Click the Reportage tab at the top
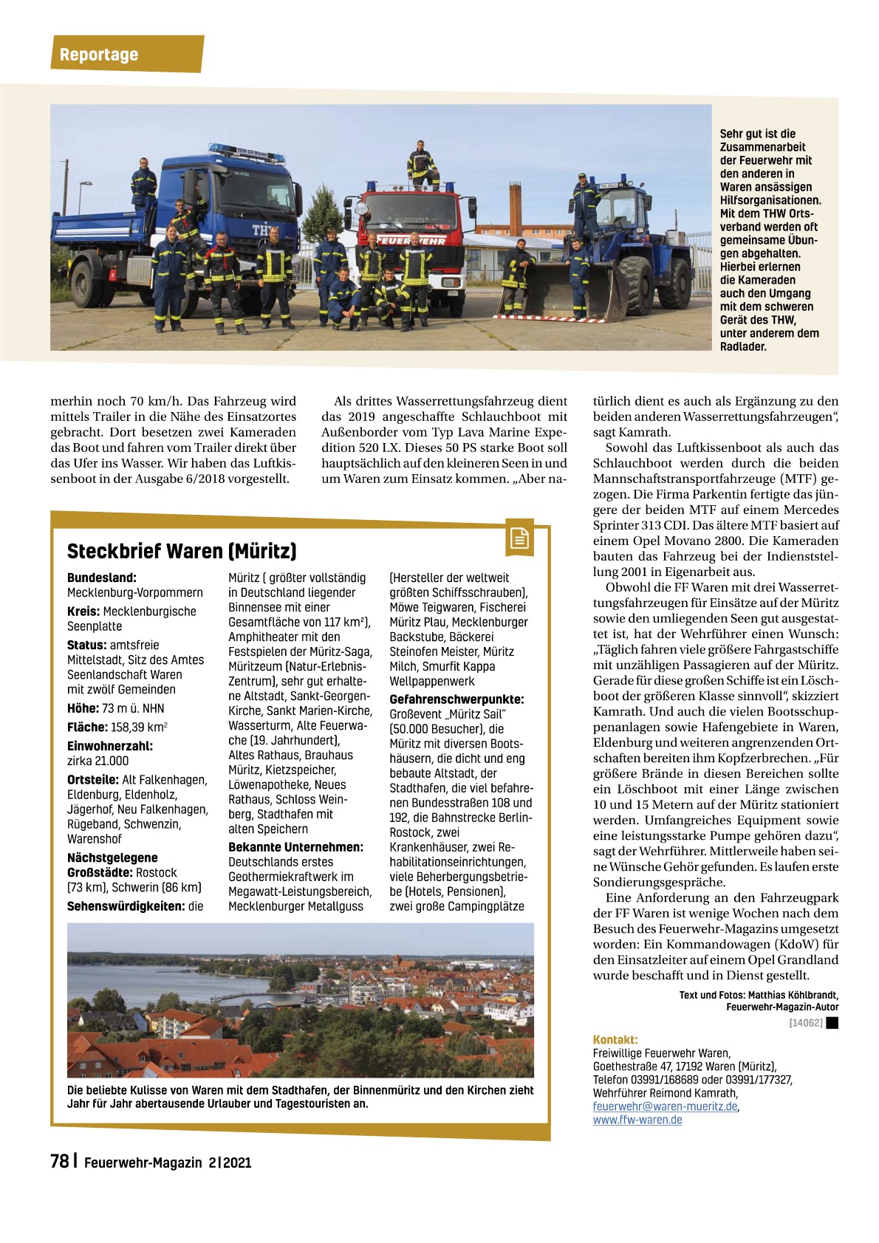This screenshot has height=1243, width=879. point(99,55)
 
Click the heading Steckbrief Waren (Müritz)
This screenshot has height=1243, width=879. point(182,551)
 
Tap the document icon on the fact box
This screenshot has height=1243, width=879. point(520,539)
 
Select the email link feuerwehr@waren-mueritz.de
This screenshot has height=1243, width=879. point(665,1106)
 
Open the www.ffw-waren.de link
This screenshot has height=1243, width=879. point(637,1120)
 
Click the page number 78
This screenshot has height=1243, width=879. point(59,1161)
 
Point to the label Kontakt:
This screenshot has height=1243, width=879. point(615,1039)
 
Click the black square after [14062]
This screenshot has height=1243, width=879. point(832,1023)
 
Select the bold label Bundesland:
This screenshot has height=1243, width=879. point(102,578)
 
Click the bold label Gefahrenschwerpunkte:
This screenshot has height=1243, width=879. point(456,699)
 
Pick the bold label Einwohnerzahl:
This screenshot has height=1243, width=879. point(110,746)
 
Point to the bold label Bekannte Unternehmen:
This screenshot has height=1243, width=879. point(295,847)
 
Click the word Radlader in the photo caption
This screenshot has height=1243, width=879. point(744,346)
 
